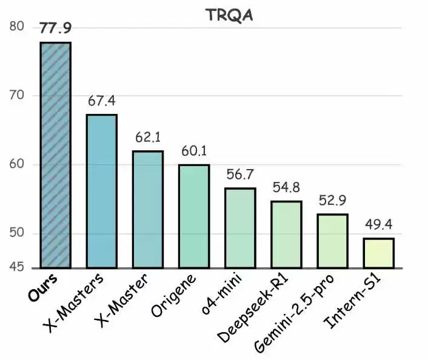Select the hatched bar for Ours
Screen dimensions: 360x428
56,155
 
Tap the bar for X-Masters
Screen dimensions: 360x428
102,191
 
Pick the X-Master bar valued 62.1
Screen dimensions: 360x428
148,209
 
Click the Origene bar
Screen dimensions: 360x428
194,216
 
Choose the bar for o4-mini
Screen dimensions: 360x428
240,228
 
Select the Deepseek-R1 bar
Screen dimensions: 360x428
286,235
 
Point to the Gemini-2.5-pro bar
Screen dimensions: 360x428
332,241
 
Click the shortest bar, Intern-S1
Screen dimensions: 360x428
379,253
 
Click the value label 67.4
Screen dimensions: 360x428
102,101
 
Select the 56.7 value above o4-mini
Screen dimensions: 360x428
240,175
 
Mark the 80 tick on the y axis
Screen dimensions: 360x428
17,27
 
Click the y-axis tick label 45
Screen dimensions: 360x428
17,267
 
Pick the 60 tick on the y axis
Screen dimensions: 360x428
17,165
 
